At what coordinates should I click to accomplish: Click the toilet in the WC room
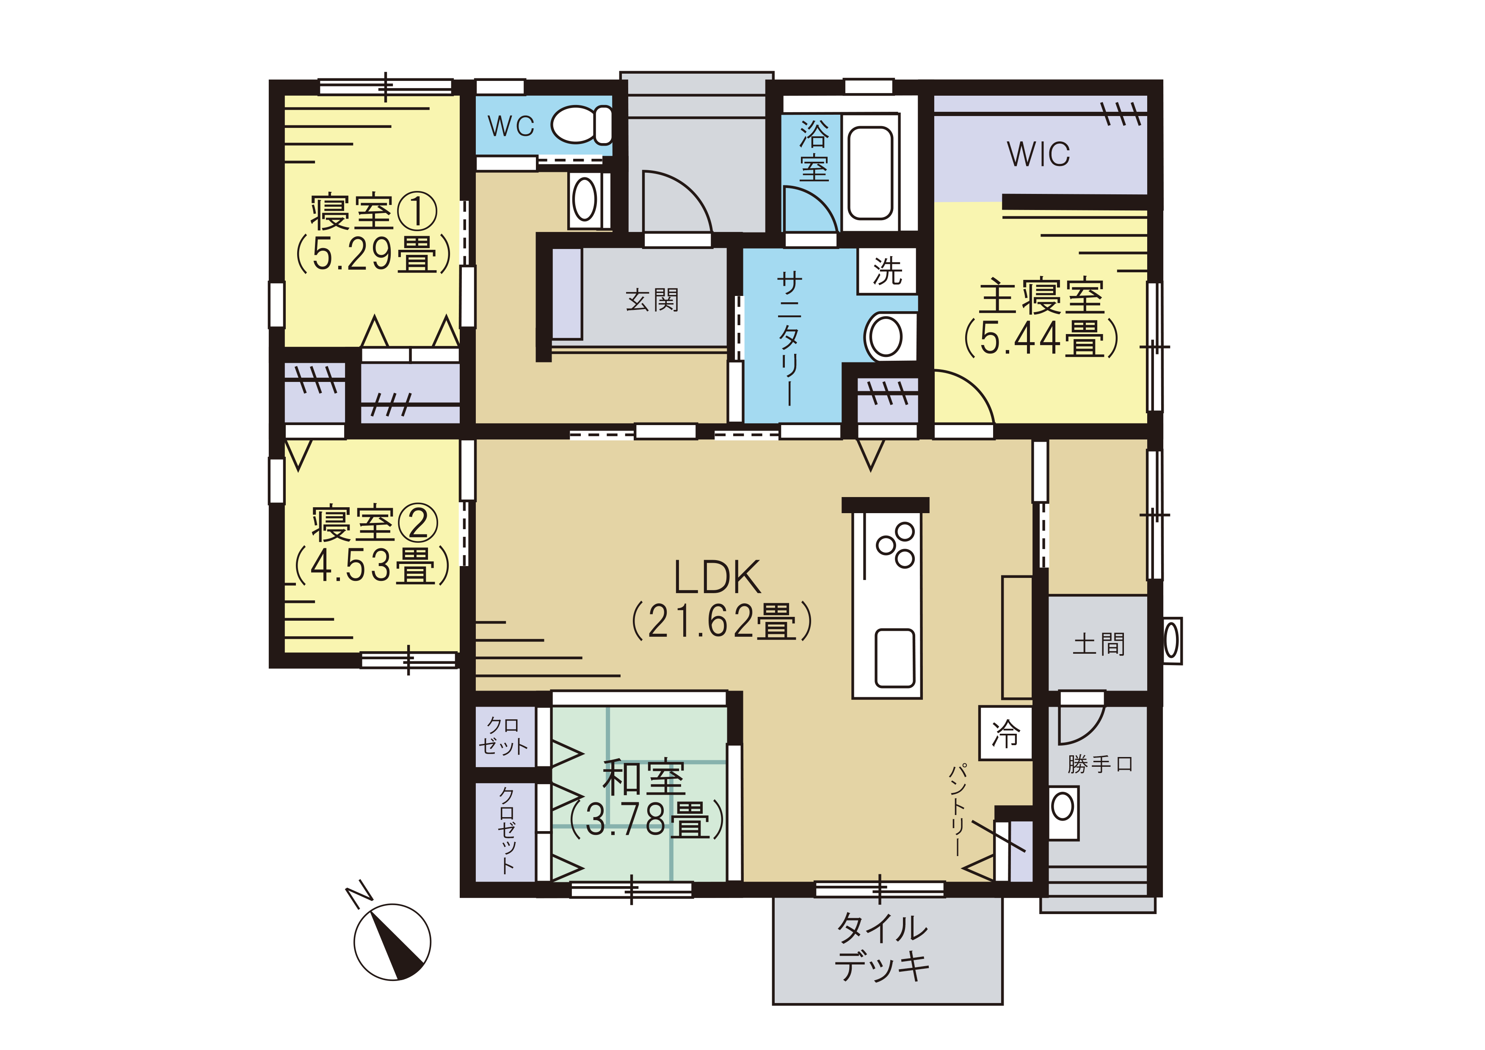(x=581, y=125)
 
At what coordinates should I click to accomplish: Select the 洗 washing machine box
(x=887, y=271)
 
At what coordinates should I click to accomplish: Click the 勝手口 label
(x=1099, y=764)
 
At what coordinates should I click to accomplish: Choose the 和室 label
(x=643, y=778)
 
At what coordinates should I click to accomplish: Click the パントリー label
(x=958, y=809)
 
